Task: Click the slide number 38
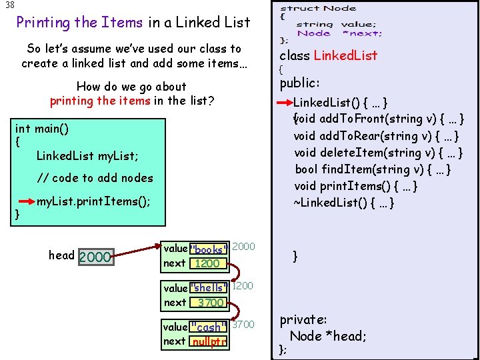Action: tap(9, 5)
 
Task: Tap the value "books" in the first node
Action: tap(209, 250)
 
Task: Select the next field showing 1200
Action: tap(207, 263)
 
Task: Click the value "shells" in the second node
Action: tap(209, 288)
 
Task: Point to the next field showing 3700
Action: tap(210, 303)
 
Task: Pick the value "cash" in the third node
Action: tap(209, 327)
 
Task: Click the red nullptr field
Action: tap(209, 341)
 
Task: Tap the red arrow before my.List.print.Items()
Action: tap(26, 200)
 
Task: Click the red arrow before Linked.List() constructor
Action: tap(285, 103)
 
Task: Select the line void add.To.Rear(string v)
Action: tap(376, 136)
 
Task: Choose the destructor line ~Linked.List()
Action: tap(344, 203)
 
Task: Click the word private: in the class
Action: tap(303, 320)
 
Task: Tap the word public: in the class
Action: tap(300, 83)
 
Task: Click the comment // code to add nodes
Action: tap(95, 178)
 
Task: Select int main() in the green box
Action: tap(42, 128)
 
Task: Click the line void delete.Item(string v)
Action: tap(378, 153)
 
